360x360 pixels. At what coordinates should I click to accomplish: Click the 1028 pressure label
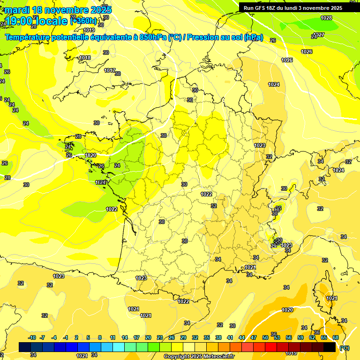(326, 18)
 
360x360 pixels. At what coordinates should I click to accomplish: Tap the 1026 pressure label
(307, 52)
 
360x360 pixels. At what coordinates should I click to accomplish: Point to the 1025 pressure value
(287, 60)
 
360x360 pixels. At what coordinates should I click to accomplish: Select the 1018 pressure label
(85, 58)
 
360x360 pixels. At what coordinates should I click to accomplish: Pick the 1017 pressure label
(110, 70)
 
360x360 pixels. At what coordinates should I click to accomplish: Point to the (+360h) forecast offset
(83, 21)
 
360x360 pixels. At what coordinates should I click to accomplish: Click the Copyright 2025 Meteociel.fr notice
(199, 356)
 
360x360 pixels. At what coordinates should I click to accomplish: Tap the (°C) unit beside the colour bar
(344, 348)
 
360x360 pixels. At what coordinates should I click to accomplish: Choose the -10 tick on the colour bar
(32, 337)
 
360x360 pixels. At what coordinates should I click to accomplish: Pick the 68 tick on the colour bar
(336, 337)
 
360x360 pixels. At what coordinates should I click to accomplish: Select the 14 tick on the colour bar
(125, 337)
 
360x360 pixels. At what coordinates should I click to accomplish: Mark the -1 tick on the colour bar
(66, 337)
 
